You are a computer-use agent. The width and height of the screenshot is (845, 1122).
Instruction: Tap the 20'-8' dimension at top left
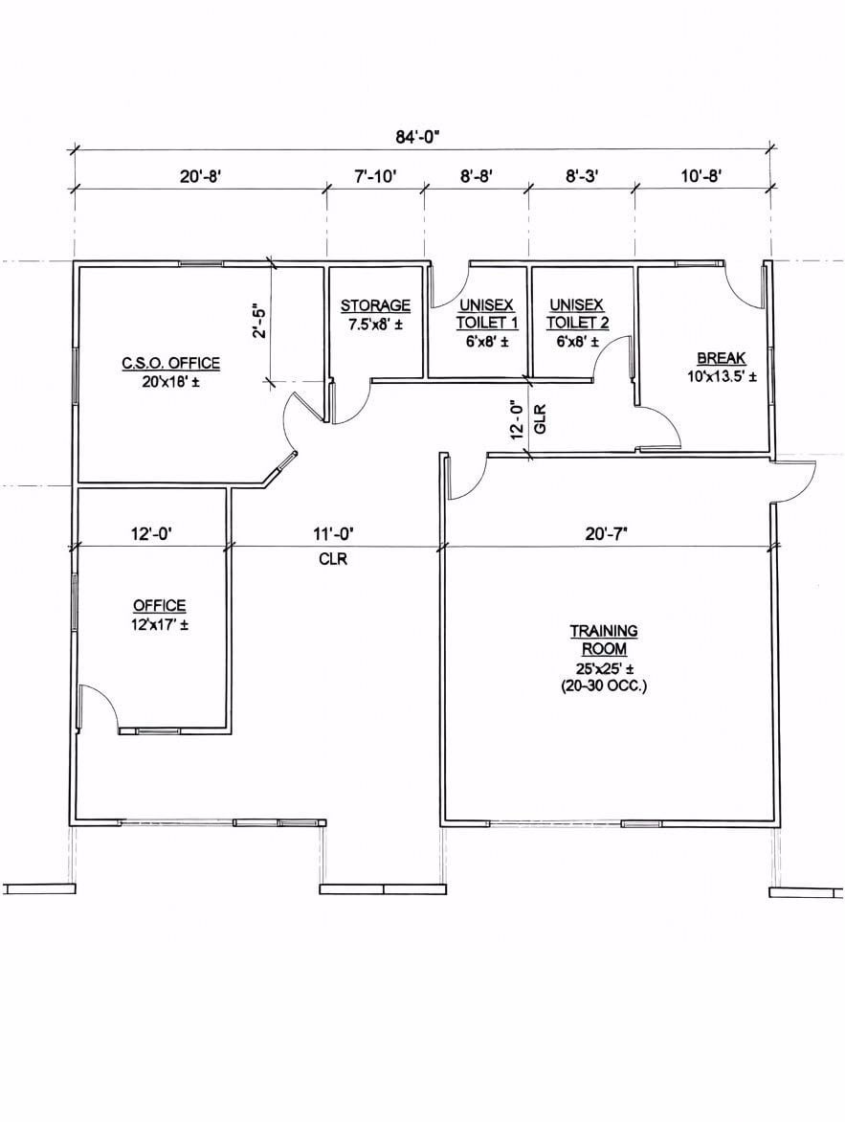[x=200, y=176]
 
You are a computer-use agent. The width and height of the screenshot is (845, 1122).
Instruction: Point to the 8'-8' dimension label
[x=477, y=176]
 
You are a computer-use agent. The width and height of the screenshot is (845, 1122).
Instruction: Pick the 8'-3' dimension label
[x=582, y=176]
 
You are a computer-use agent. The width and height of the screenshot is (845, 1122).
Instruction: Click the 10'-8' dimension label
[x=701, y=176]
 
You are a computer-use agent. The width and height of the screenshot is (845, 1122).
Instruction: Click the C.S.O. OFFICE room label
[x=171, y=364]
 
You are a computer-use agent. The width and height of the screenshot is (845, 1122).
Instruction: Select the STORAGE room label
[x=376, y=305]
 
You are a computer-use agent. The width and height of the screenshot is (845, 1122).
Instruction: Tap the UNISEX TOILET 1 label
[x=487, y=314]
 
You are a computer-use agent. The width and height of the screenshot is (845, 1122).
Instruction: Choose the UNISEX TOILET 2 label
[x=577, y=314]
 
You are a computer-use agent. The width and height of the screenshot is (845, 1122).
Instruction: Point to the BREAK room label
[x=722, y=358]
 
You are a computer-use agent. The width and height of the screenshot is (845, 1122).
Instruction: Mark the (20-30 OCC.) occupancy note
[x=604, y=687]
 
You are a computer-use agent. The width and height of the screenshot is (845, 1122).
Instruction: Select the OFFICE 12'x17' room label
[x=160, y=615]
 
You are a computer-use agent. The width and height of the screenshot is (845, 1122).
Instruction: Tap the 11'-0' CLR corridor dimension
[x=333, y=546]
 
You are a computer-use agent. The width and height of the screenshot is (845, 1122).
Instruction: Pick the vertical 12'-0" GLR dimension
[x=529, y=420]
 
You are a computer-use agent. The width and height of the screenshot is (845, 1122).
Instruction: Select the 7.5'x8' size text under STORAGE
[x=376, y=325]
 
